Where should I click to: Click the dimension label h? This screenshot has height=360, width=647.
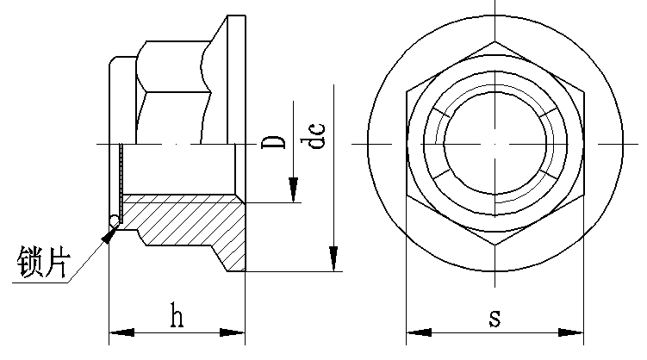(177, 317)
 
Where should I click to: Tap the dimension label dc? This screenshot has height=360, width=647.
(317, 136)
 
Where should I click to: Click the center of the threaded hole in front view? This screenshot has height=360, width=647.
(495, 142)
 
